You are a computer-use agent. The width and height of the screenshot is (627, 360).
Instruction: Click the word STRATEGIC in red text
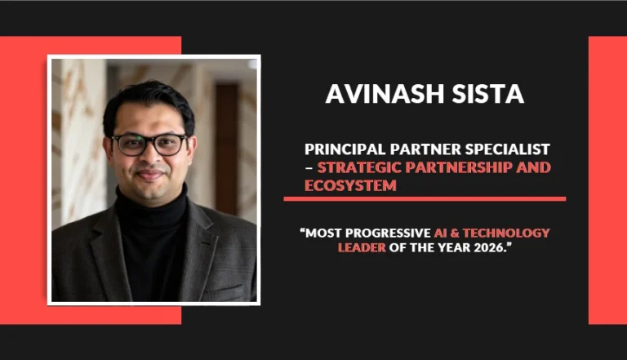tap(358, 167)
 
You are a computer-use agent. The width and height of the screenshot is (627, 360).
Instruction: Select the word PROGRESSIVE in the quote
tap(389, 233)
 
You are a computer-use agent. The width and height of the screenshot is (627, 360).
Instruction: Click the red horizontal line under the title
tap(425, 198)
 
